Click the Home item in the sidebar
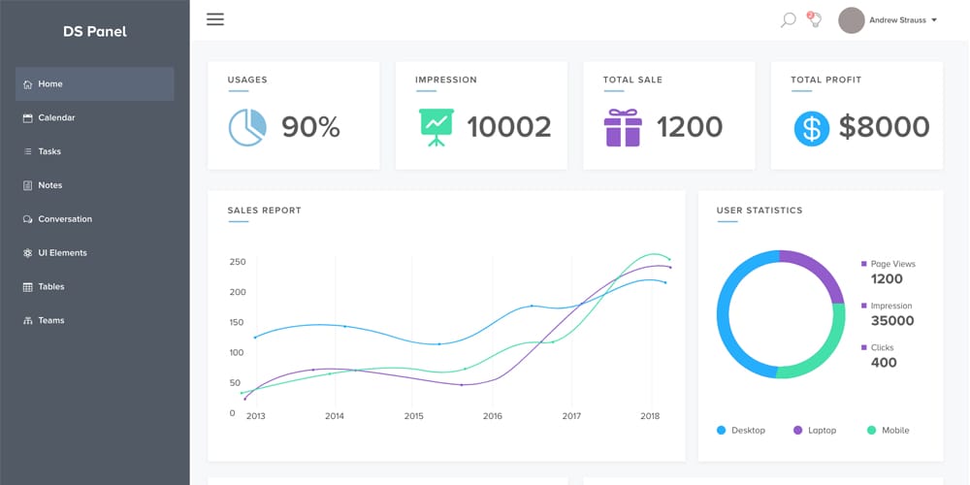pos(50,84)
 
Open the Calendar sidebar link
pos(56,118)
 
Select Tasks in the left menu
pos(49,151)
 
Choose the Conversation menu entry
pos(65,219)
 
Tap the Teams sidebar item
pos(51,320)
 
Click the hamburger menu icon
pos(215,19)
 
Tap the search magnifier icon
pos(788,19)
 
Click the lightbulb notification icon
pos(815,19)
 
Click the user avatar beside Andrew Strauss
pos(852,20)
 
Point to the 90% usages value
pos(310,127)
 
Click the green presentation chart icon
pos(436,127)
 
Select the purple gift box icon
pos(623,127)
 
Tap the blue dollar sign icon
pos(811,128)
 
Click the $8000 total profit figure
pos(884,127)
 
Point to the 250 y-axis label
pos(238,262)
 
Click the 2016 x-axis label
pos(493,416)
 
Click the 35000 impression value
pos(892,321)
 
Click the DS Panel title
pos(95,31)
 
